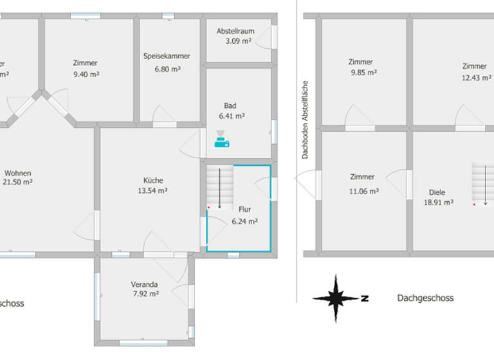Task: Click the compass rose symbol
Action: (335, 298)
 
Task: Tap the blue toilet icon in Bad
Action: (221, 139)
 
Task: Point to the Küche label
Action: (153, 180)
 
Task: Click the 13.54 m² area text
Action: (153, 191)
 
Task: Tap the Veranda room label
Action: (144, 284)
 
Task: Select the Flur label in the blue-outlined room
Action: (244, 210)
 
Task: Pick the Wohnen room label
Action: (18, 173)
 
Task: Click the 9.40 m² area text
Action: (86, 74)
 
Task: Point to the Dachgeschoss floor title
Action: (425, 298)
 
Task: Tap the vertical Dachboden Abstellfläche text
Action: (306, 120)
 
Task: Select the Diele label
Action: (437, 192)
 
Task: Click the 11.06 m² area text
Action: (364, 191)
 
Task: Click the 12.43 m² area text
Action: (475, 77)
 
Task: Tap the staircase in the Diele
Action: (483, 183)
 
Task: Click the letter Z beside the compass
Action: (365, 298)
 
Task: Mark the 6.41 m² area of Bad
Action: (232, 116)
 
